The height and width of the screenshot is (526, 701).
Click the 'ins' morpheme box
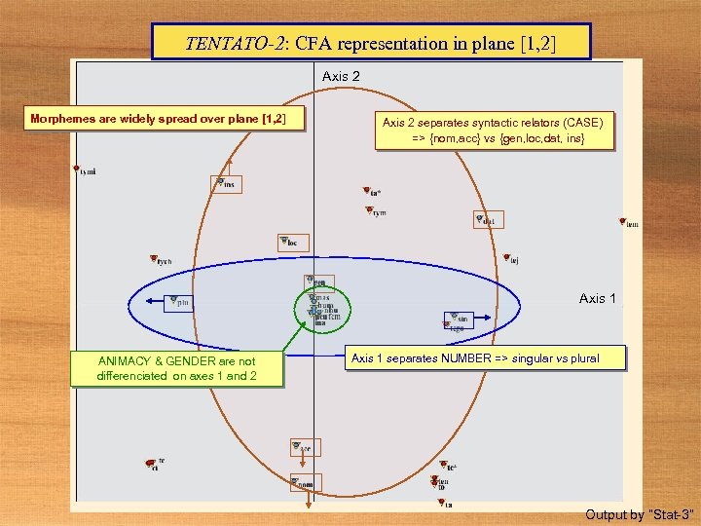pos(227,183)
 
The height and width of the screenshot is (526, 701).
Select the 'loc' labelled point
pos(292,242)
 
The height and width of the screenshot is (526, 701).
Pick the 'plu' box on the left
pos(180,302)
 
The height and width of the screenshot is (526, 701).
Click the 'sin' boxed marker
pos(460,319)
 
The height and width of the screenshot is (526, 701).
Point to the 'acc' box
pos(303,448)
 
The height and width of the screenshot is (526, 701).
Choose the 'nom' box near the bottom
pos(305,483)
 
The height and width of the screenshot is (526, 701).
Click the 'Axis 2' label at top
pos(341,75)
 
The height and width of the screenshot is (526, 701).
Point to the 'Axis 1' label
pos(598,298)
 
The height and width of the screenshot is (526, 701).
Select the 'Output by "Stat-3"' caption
pos(639,513)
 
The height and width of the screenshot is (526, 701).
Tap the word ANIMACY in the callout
pos(125,360)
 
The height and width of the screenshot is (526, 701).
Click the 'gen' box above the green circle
pos(317,282)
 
